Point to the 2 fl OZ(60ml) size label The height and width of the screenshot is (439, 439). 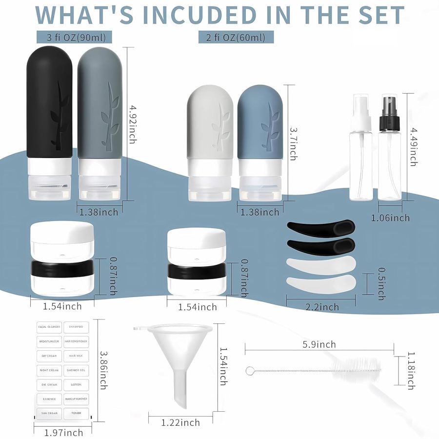pos(236,37)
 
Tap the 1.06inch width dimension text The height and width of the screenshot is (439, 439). pos(390,218)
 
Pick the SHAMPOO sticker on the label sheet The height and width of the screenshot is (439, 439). pos(76,326)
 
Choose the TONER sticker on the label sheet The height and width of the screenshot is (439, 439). pos(76,413)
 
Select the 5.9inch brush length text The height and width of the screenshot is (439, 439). pos(319,344)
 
